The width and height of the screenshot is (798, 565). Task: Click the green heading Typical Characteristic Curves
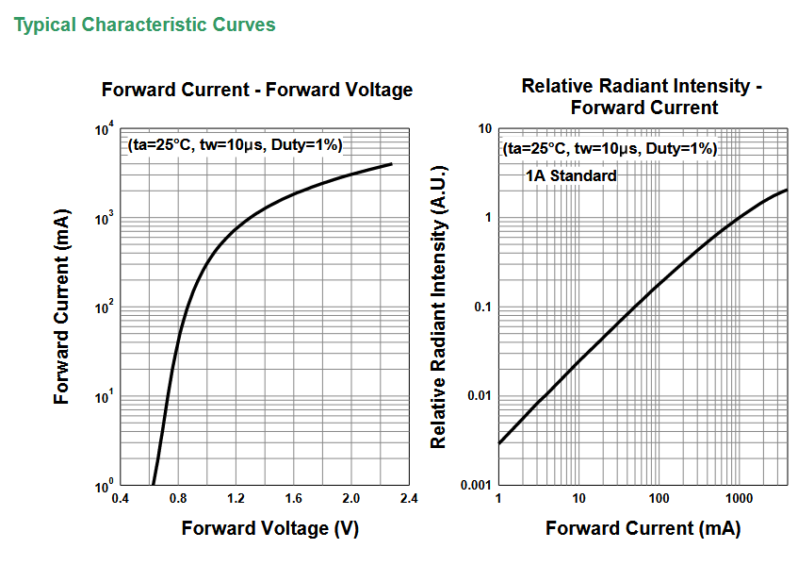(x=144, y=25)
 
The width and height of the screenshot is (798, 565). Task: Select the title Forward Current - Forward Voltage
(x=257, y=90)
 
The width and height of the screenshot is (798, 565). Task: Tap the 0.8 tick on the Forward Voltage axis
(x=178, y=498)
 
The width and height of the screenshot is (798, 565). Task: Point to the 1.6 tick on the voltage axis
(x=294, y=498)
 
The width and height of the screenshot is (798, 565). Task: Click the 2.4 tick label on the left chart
(x=409, y=498)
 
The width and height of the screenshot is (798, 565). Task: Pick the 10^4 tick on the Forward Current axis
(x=105, y=129)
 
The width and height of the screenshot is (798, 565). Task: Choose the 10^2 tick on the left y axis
(x=105, y=307)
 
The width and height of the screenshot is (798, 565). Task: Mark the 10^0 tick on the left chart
(x=105, y=486)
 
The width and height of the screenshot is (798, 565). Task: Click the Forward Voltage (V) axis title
(x=270, y=528)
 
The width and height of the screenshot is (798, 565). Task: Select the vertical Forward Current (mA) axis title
(x=61, y=307)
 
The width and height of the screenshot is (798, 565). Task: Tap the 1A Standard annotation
(x=571, y=175)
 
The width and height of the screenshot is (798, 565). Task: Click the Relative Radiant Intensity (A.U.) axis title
(x=439, y=307)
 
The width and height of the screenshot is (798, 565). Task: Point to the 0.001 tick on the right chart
(x=476, y=485)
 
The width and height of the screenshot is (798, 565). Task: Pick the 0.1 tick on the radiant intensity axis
(x=482, y=307)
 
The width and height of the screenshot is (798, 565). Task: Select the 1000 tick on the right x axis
(x=739, y=498)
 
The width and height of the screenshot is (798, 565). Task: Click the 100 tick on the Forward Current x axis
(x=660, y=498)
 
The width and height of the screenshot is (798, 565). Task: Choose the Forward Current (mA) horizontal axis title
(x=643, y=528)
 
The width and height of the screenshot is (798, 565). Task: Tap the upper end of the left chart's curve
(x=391, y=163)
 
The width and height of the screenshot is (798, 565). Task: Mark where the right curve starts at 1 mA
(x=499, y=443)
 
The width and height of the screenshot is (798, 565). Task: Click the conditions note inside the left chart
(x=236, y=145)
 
